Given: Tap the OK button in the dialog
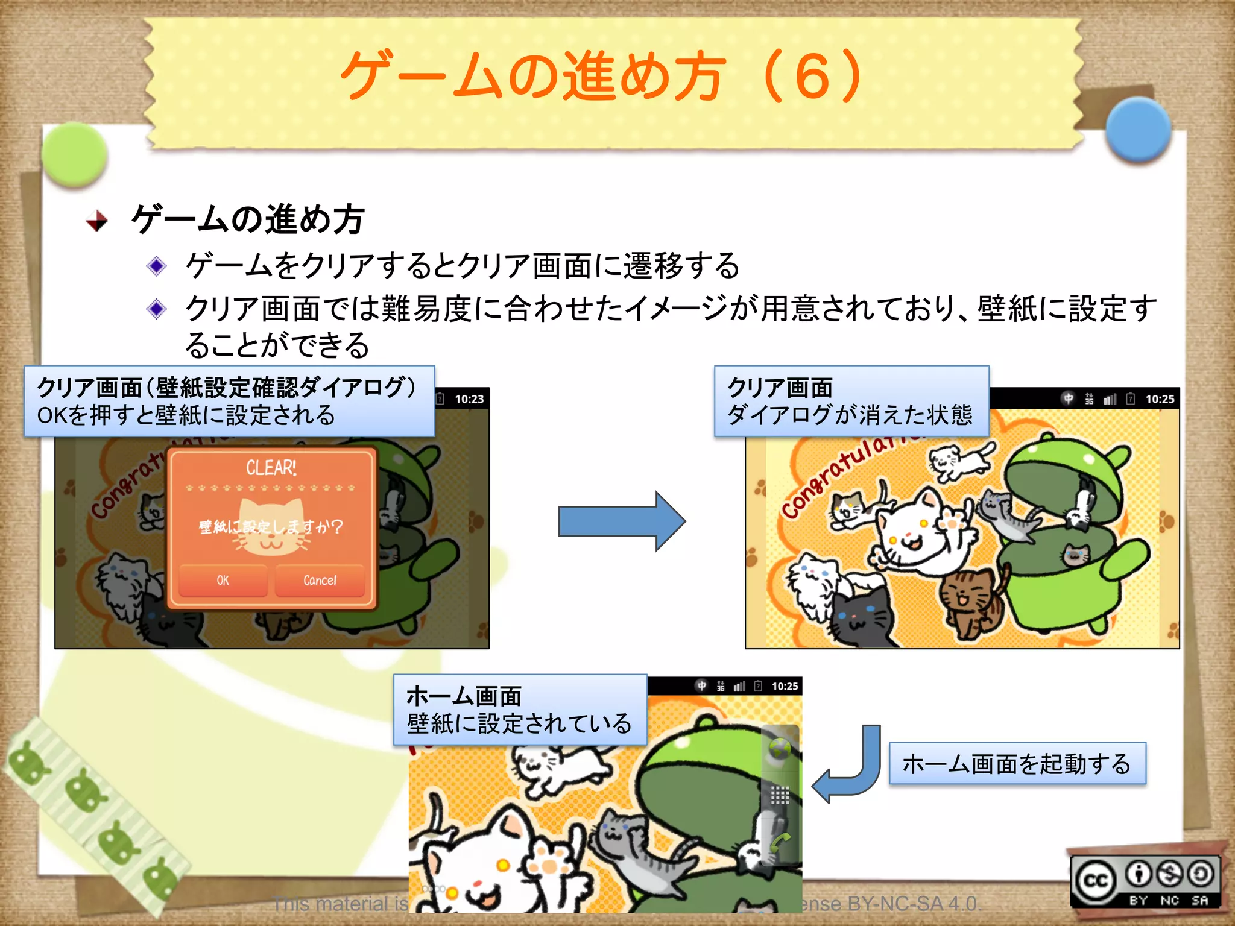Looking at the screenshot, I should click(x=223, y=580).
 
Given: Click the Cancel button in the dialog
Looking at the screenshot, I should click(x=320, y=580).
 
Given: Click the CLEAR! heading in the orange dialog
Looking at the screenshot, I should click(x=271, y=468).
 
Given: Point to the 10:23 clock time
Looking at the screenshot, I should click(x=469, y=399).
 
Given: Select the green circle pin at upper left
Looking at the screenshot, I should click(x=75, y=154).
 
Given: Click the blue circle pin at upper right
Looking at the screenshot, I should click(x=1139, y=130).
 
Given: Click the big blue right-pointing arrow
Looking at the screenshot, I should click(x=621, y=521).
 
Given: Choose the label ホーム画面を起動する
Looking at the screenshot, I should click(x=1017, y=764).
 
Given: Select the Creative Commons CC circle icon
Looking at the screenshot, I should click(x=1096, y=881).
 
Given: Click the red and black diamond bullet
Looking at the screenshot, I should click(x=96, y=221).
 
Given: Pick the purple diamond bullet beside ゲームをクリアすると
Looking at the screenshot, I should click(x=157, y=266).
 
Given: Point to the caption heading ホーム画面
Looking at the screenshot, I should click(x=464, y=696).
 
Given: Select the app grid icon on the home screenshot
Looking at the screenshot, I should click(x=780, y=795).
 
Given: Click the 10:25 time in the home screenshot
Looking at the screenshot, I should click(x=785, y=686).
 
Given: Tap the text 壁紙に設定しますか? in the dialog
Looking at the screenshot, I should click(x=271, y=527).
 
